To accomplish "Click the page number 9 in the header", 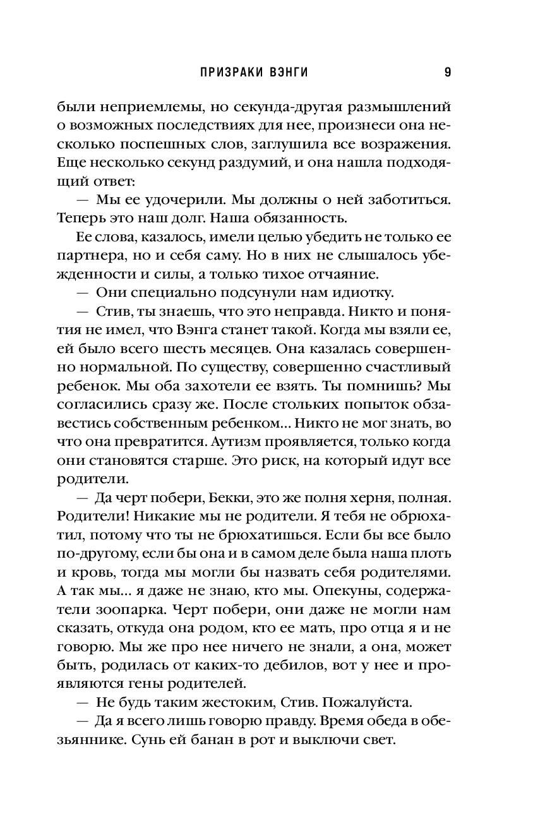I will click(x=448, y=72).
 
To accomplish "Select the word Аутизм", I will click(x=239, y=440).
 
